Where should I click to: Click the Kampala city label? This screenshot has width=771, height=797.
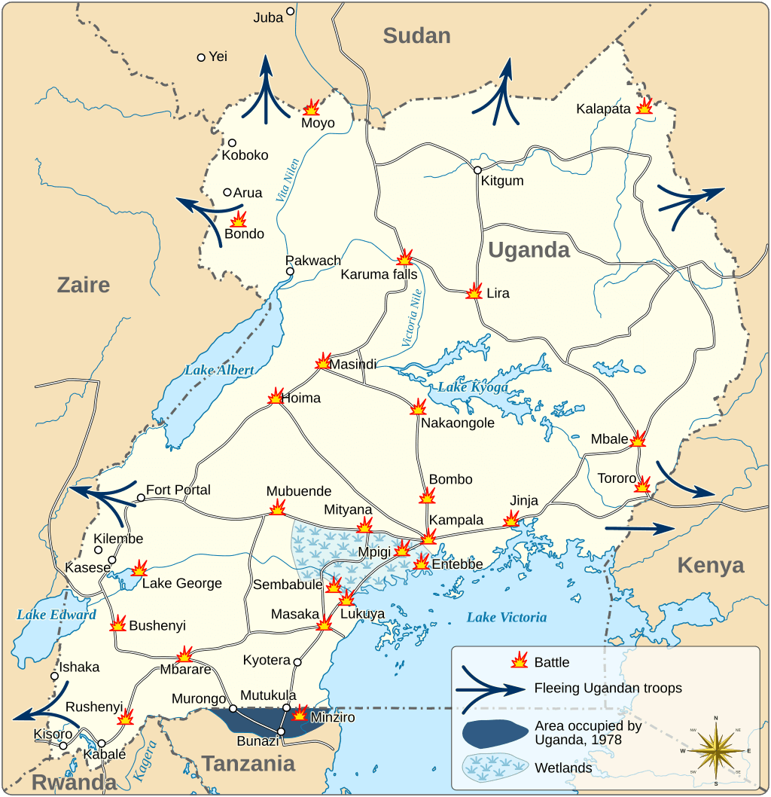click(456, 521)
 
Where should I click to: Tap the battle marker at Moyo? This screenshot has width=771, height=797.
click(311, 108)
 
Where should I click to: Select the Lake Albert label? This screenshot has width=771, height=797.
click(219, 370)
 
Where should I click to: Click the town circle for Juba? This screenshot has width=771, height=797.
click(290, 12)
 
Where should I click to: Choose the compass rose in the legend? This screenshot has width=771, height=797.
click(715, 750)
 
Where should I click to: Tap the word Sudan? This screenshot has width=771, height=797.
click(416, 35)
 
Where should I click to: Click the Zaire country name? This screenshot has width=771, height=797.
click(84, 285)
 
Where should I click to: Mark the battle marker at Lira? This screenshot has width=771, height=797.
click(474, 292)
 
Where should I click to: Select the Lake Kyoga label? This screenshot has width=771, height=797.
click(473, 387)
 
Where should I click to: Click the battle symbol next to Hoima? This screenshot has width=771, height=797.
click(275, 396)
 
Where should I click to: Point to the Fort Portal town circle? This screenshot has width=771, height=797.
click(141, 498)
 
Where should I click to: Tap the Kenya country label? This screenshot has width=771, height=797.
click(710, 565)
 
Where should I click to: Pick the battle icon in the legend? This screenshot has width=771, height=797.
click(519, 661)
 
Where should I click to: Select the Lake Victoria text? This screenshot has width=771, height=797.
click(506, 618)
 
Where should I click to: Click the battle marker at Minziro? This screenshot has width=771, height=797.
click(300, 713)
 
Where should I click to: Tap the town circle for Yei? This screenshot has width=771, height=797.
click(201, 57)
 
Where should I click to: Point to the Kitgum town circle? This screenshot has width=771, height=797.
click(477, 170)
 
